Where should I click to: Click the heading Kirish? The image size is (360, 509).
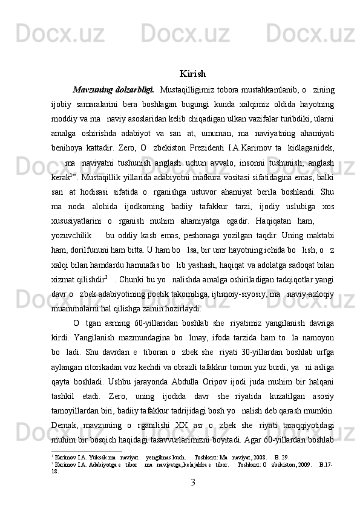tap(192, 74)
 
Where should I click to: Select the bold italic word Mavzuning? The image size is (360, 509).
tap(91, 91)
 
